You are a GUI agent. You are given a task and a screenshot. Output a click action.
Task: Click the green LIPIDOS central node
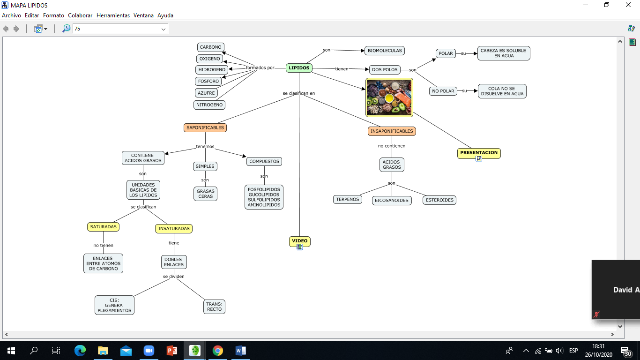pos(299,68)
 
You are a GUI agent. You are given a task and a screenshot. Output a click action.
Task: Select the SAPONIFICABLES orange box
pos(205,127)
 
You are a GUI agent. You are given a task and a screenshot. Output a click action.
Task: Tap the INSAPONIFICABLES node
pos(392,131)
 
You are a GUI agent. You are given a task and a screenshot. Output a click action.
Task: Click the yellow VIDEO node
pos(300,241)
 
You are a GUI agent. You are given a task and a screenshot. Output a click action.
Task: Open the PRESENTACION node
pos(479,153)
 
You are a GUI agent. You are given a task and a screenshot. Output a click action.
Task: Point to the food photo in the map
pos(389,97)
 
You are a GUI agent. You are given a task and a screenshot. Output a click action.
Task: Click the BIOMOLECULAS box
pos(385,51)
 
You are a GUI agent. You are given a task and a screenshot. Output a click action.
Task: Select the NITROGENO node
pos(209,105)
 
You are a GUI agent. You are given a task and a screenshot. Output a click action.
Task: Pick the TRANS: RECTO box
pos(214,307)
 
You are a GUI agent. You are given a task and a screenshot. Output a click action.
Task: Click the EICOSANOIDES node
pos(392,200)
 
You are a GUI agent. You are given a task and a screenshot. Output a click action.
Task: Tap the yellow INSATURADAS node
pos(174,228)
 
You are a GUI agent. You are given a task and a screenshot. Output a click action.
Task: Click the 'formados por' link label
pos(260,68)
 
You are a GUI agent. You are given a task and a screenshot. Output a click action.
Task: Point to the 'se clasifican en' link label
pos(299,93)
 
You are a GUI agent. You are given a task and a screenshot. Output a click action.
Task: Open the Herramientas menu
pos(113,15)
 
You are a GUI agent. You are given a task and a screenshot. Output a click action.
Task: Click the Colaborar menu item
pos(80,15)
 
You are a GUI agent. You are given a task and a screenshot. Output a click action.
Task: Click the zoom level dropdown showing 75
pos(120,29)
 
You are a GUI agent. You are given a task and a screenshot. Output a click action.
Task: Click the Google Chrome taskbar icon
pos(218,351)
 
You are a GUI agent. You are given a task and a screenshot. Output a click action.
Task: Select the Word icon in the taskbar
pos(240,351)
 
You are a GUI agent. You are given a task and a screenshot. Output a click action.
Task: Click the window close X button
pos(628,5)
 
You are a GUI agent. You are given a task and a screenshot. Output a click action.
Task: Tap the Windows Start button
pos(11,351)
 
